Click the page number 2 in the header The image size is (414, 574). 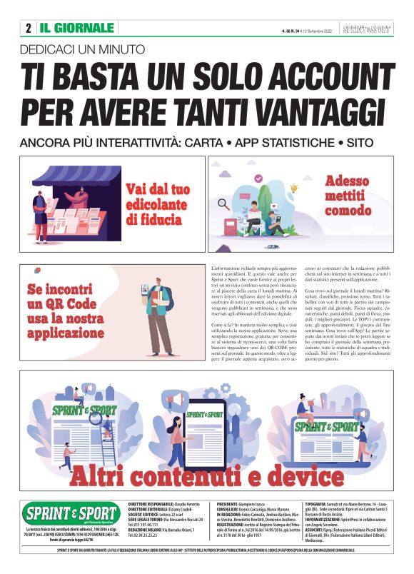coord(28,29)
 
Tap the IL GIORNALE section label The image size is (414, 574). coord(76,29)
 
